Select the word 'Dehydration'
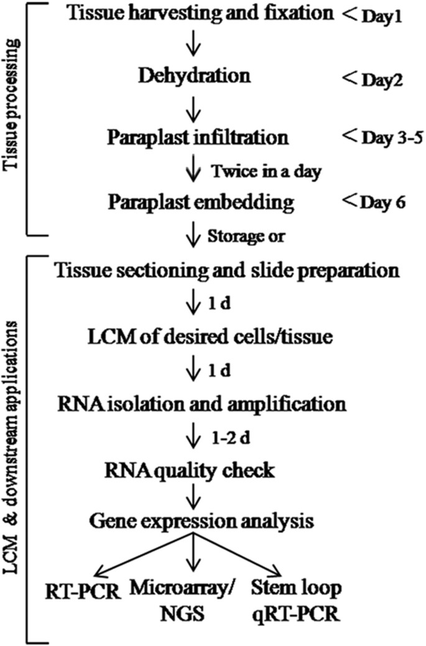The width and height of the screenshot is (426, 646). (x=190, y=77)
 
